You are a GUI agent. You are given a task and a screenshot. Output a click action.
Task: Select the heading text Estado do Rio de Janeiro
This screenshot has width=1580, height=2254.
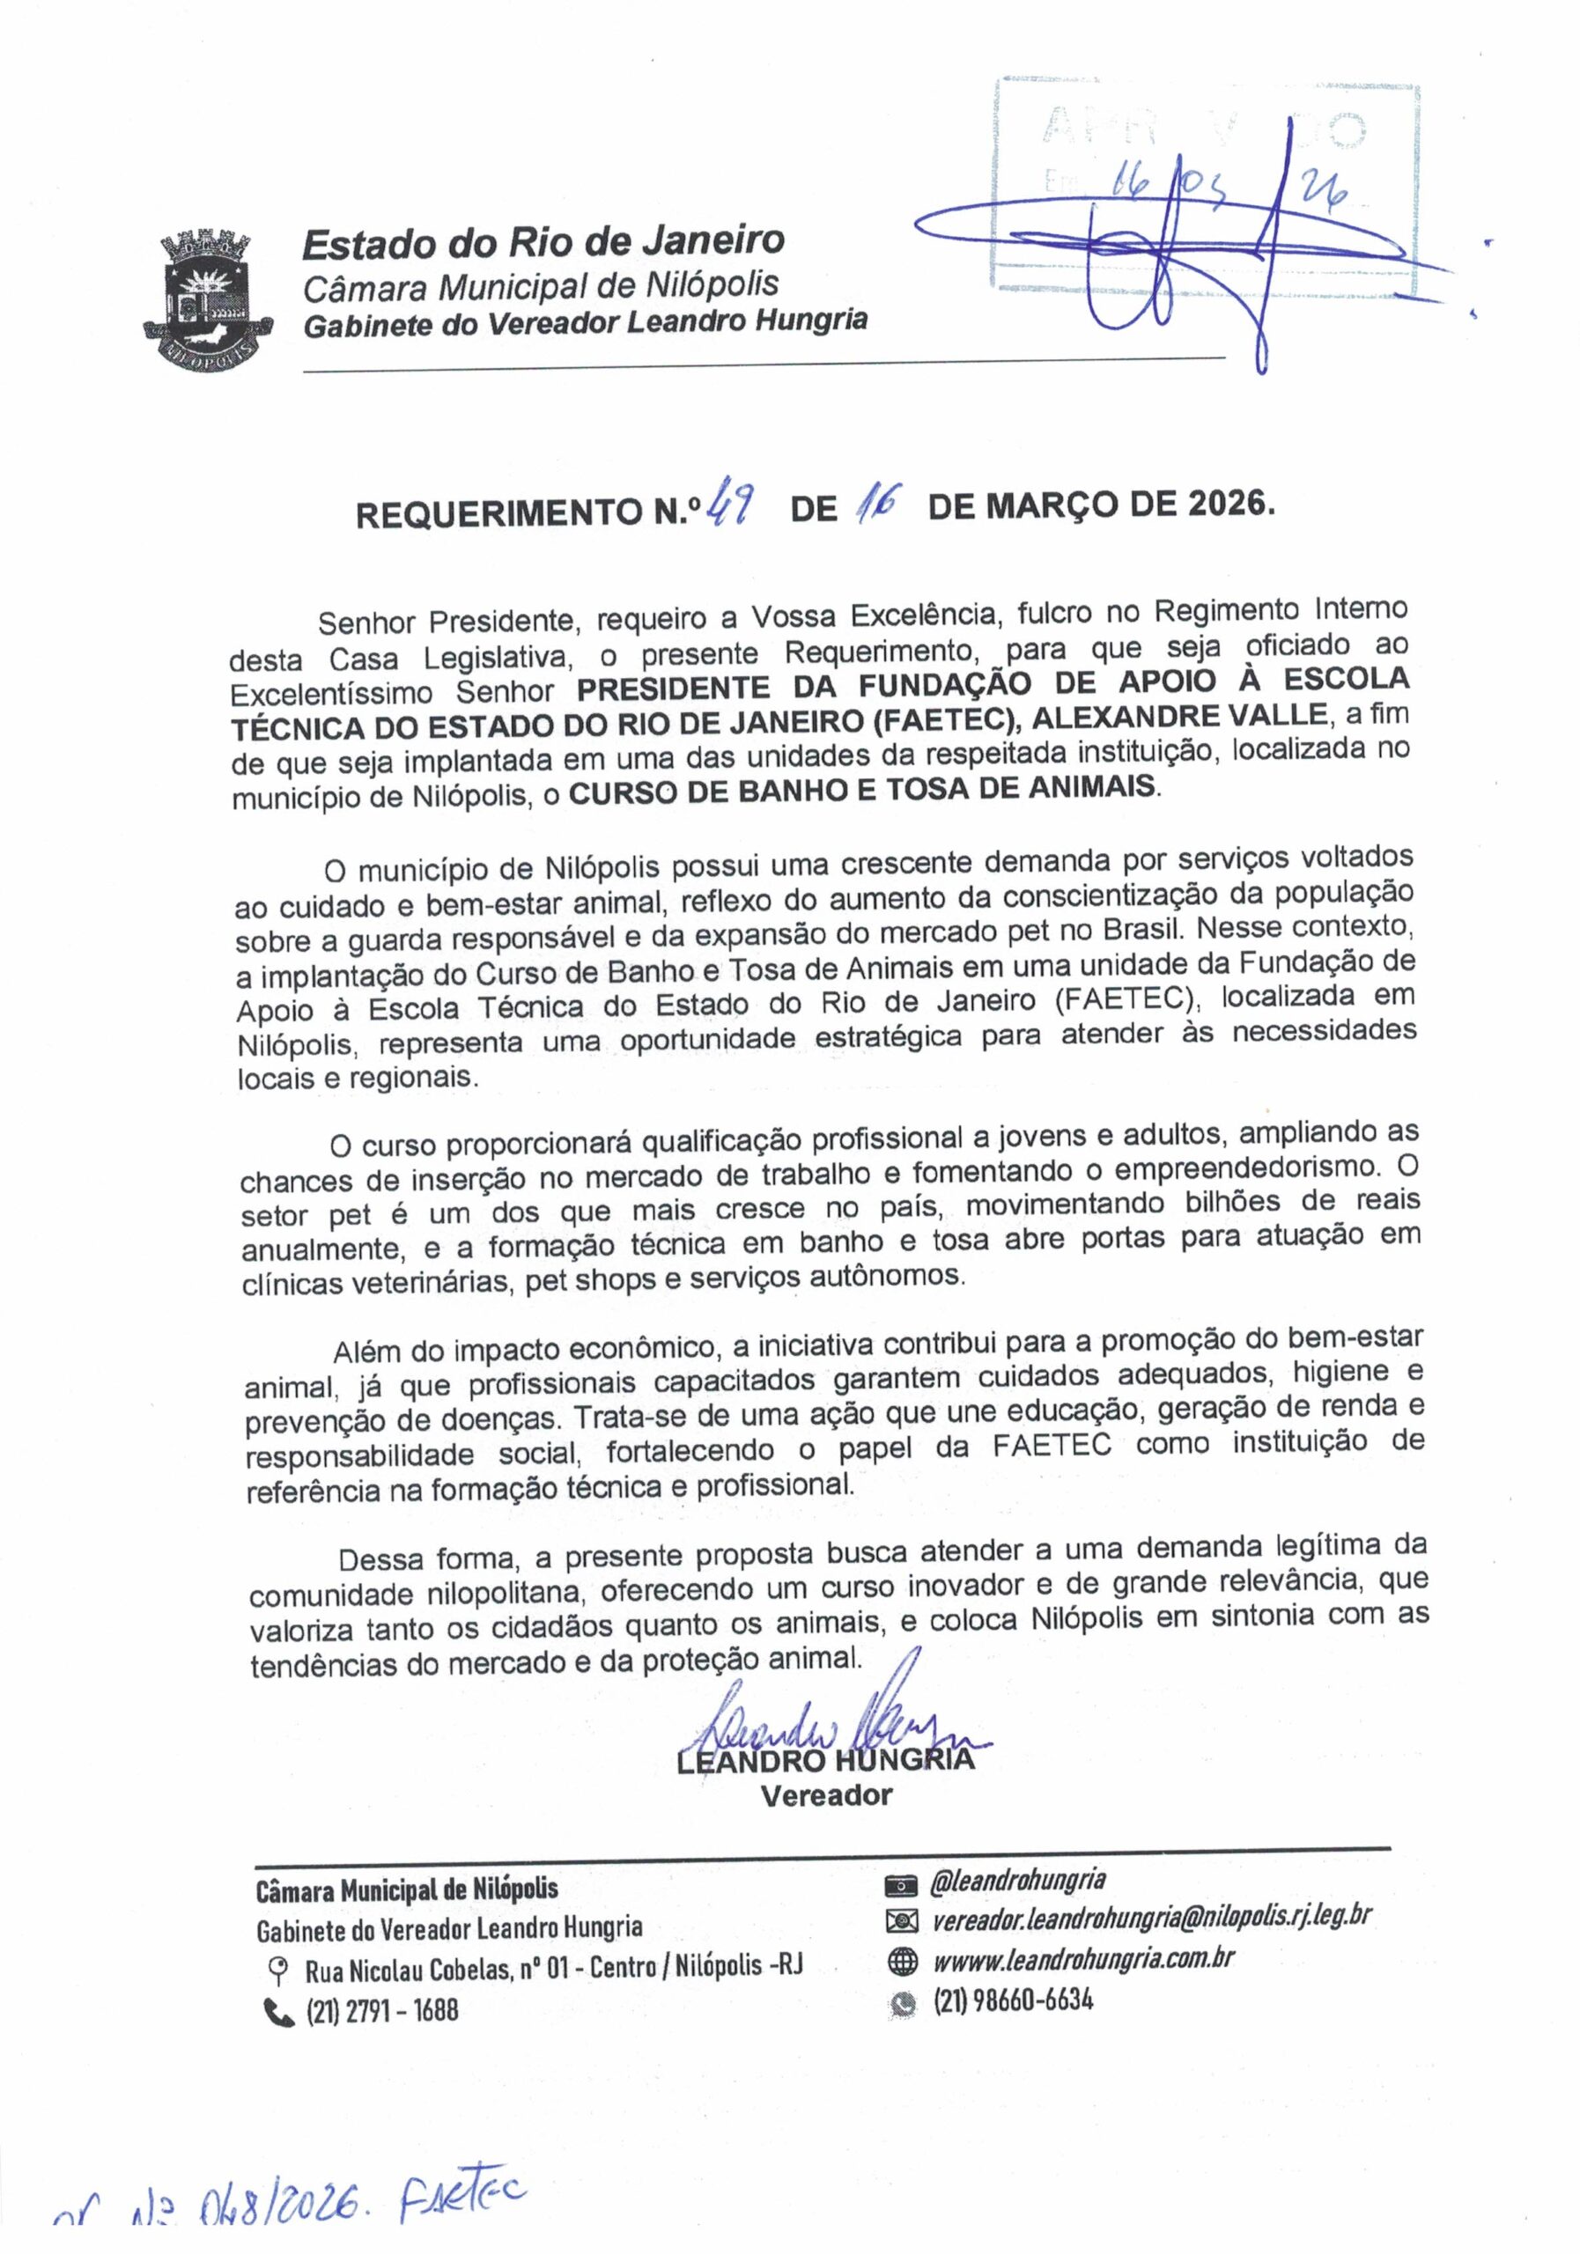[x=543, y=241]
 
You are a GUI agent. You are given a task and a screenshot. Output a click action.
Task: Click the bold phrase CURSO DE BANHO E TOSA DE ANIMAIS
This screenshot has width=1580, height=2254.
[x=863, y=788]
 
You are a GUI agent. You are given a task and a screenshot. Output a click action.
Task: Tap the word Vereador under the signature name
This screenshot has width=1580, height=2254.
[x=827, y=1795]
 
